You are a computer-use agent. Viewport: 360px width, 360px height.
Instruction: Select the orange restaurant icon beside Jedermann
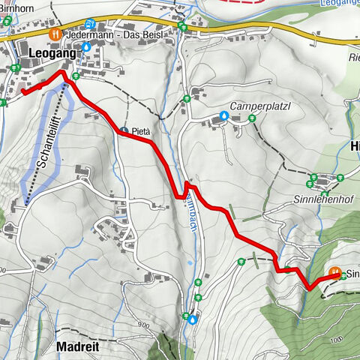tap(53, 34)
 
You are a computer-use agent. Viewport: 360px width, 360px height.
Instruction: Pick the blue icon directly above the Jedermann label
tap(90, 23)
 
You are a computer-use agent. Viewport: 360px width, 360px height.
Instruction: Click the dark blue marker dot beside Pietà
tap(124, 130)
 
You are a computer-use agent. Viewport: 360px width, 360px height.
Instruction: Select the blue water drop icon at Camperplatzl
tap(223, 116)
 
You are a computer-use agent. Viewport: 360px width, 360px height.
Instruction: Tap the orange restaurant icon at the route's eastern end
tap(335, 272)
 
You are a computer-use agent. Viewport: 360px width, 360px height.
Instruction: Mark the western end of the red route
tap(22, 92)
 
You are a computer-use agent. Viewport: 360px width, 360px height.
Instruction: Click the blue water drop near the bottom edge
tap(193, 319)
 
